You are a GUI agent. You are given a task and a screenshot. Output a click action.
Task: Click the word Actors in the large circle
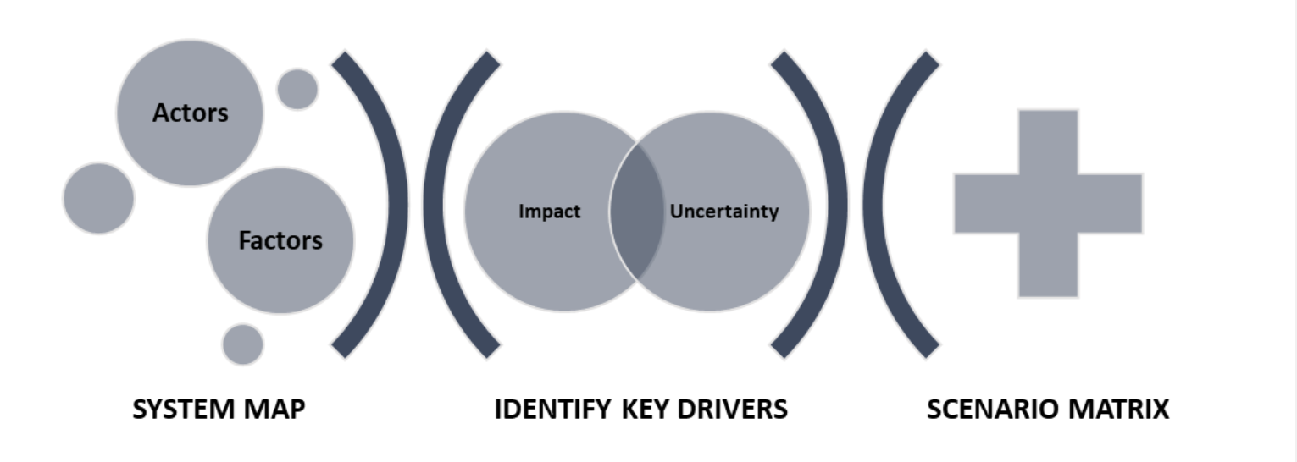point(191,113)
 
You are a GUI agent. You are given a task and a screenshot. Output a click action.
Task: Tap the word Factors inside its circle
point(280,240)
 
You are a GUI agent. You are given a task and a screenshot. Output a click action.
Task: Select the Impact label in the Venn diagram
point(550,212)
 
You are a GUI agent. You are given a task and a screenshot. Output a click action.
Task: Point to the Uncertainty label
point(724,212)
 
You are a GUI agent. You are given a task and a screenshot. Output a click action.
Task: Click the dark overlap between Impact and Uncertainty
point(637,212)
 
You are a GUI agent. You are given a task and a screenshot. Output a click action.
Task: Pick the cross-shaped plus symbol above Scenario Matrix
point(1048,203)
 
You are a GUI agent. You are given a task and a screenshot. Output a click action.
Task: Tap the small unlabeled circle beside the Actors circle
point(297,89)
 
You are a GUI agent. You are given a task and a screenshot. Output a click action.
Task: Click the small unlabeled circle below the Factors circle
point(243,344)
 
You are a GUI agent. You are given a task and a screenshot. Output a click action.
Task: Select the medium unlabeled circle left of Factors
point(98,199)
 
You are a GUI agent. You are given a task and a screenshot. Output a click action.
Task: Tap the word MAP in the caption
point(274,410)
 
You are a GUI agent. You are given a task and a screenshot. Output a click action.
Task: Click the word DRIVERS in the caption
point(737,410)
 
